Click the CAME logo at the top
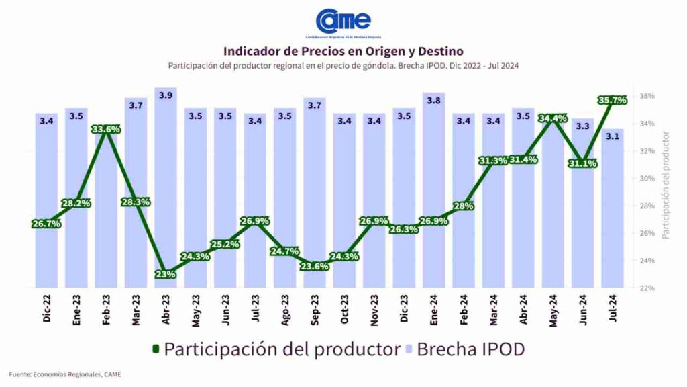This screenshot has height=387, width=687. pyautogui.click(x=343, y=21)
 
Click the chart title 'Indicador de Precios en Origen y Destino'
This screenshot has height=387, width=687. pyautogui.click(x=343, y=51)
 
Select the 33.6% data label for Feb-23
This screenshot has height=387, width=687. pyautogui.click(x=106, y=130)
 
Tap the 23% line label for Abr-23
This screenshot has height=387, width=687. pyautogui.click(x=165, y=274)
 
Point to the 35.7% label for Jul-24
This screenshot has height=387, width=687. pyautogui.click(x=612, y=100)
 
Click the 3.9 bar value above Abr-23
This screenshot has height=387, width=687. pyautogui.click(x=166, y=95)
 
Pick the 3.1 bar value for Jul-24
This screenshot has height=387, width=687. pyautogui.click(x=612, y=136)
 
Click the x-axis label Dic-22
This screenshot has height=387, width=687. pyautogui.click(x=47, y=308)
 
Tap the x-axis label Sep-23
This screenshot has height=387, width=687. pyautogui.click(x=315, y=308)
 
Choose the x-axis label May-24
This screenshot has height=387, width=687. pyautogui.click(x=553, y=308)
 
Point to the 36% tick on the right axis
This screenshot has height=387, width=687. pyautogui.click(x=647, y=96)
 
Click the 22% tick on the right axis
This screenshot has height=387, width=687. pyautogui.click(x=647, y=288)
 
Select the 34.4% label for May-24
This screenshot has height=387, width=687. pyautogui.click(x=553, y=118)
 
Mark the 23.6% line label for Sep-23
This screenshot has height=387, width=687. pyautogui.click(x=314, y=265)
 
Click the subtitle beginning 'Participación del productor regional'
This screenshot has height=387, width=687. pyautogui.click(x=343, y=66)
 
